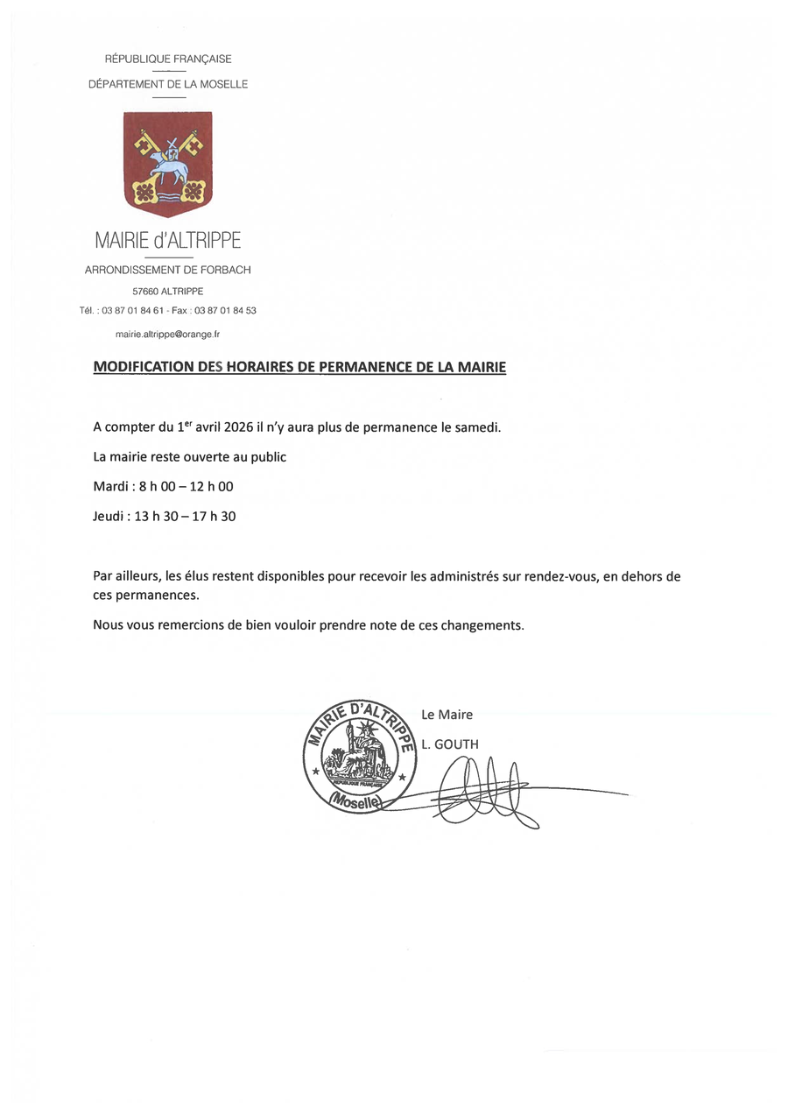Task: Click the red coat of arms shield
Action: [x=167, y=163]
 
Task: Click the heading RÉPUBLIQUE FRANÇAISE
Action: [x=168, y=59]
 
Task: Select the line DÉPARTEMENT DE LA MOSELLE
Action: [x=168, y=84]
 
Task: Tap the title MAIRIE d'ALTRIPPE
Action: [x=167, y=240]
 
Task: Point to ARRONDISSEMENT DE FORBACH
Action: [x=167, y=271]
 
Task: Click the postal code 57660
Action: [x=144, y=292]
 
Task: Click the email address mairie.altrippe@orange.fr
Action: [x=167, y=335]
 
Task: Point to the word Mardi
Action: [x=110, y=486]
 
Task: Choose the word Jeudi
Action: [x=109, y=516]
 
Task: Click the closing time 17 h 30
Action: [x=215, y=516]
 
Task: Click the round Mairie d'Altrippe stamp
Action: [x=360, y=753]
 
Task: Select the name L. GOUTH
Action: [x=450, y=744]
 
